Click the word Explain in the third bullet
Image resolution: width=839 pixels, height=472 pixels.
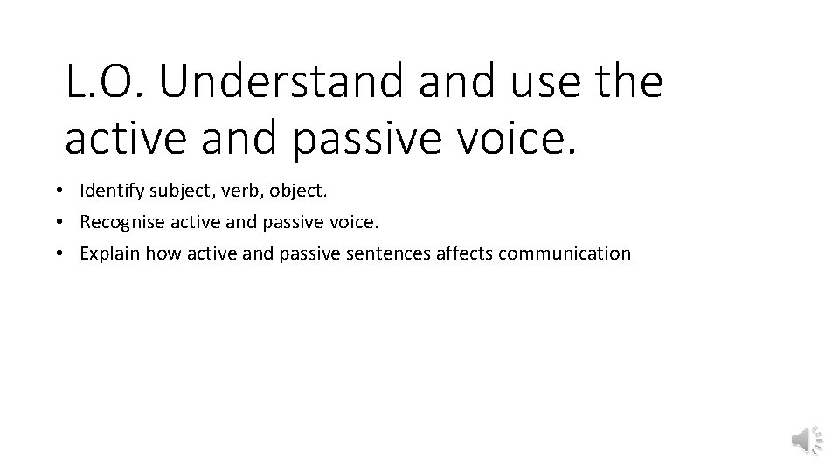(x=109, y=253)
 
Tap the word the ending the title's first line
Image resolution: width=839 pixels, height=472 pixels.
(x=628, y=82)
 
